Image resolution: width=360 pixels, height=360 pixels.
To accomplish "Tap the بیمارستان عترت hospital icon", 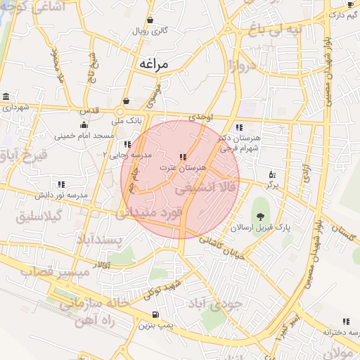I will [x=182, y=156].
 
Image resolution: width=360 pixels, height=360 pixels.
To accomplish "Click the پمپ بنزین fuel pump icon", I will [x=155, y=314].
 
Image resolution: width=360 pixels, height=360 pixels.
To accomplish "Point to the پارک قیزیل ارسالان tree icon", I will [x=262, y=215].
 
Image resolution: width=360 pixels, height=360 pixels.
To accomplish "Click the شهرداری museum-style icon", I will [x=6, y=96].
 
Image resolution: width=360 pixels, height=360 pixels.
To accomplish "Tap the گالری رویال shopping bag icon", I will [x=150, y=20].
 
